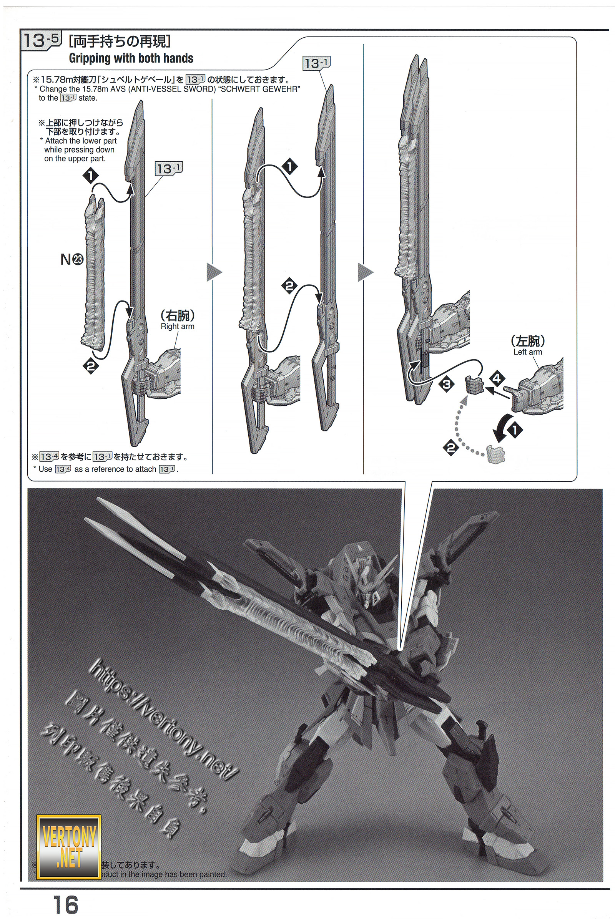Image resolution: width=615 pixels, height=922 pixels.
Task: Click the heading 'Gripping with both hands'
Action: click(x=131, y=58)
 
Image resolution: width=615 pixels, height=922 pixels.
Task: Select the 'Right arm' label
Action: click(x=177, y=327)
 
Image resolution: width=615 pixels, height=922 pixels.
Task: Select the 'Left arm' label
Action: click(x=527, y=352)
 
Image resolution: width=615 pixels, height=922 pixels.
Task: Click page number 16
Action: click(x=65, y=904)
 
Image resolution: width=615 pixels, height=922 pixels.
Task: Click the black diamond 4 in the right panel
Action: click(x=497, y=378)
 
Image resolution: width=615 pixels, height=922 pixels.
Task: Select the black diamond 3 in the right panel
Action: click(x=446, y=384)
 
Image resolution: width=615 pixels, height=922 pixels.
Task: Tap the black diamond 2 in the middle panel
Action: click(x=289, y=286)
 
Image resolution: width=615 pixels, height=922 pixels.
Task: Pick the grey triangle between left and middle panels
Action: click(x=214, y=272)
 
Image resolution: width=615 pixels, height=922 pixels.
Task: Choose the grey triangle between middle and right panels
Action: click(x=365, y=272)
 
